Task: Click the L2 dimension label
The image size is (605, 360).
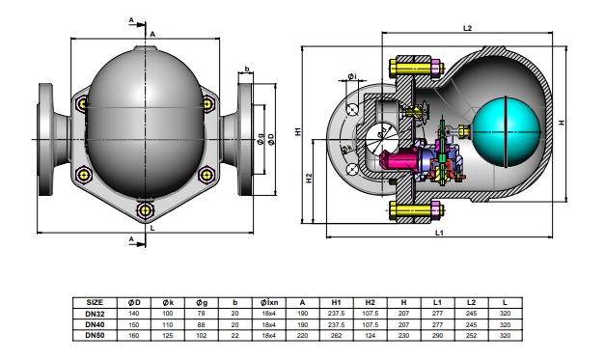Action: [466, 30]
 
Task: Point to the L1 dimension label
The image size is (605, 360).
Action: [437, 234]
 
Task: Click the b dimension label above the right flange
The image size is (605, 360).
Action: [248, 69]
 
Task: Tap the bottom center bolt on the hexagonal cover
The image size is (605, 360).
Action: [145, 209]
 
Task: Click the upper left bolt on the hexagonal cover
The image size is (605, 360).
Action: [85, 102]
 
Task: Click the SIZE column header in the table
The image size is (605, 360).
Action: [95, 301]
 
